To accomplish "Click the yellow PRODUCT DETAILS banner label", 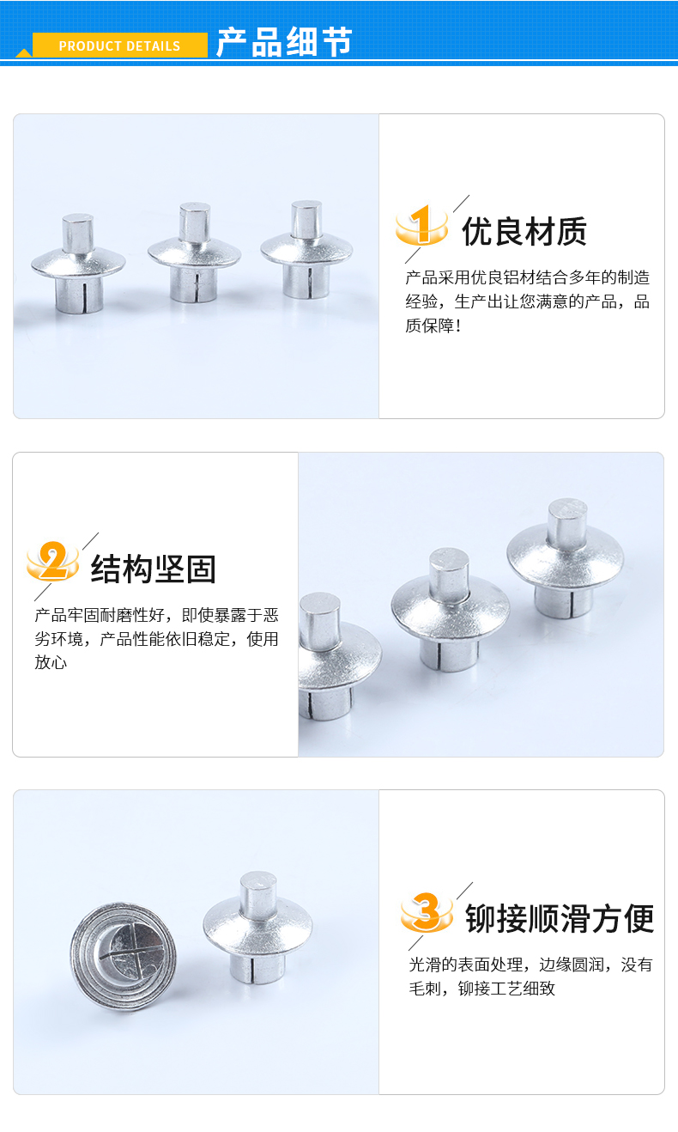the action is (119, 46).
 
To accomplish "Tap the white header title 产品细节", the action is (284, 42).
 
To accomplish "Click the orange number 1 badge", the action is (422, 225).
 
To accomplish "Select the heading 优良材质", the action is (524, 231).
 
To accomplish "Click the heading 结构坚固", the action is (154, 569).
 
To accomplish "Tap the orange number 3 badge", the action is (427, 911).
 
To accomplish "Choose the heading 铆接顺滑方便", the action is (560, 918).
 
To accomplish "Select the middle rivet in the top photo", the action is (194, 253).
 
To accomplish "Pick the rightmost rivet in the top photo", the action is (306, 250).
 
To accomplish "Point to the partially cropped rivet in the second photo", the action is (337, 655).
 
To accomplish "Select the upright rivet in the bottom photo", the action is (257, 928).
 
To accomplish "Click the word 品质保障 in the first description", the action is (528, 313).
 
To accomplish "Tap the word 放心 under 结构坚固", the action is (51, 662).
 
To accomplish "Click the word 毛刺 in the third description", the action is (426, 988).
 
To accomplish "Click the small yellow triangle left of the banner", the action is (24, 52).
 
